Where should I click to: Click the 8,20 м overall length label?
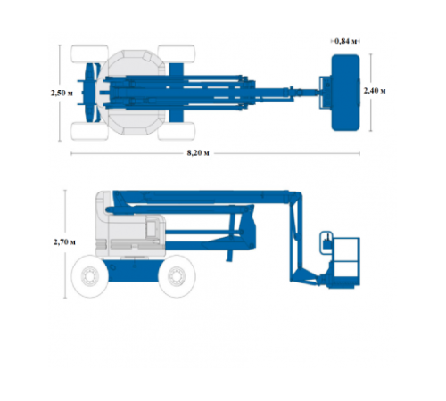(x=198, y=153)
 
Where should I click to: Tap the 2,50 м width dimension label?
(x=62, y=93)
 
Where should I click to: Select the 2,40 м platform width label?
(x=375, y=91)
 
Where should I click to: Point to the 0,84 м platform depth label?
(x=345, y=41)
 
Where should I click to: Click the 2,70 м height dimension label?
(x=64, y=242)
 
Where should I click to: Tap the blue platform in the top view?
(x=345, y=93)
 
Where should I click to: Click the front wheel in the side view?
(x=177, y=276)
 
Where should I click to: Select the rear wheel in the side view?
(x=90, y=276)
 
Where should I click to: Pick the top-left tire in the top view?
(x=89, y=53)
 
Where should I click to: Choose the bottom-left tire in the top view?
(x=89, y=131)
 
